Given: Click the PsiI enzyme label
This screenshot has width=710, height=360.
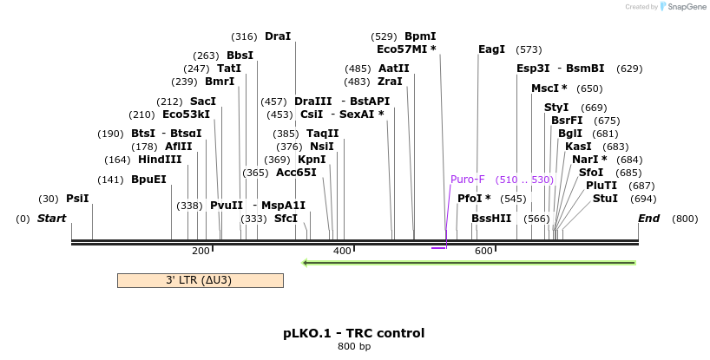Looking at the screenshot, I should pyautogui.click(x=77, y=199).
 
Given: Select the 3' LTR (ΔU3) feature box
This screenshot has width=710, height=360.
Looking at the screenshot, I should pyautogui.click(x=200, y=280).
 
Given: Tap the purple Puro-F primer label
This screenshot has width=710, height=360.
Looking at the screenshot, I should pyautogui.click(x=467, y=180).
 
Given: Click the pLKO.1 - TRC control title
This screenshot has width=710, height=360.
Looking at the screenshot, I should pyautogui.click(x=353, y=333).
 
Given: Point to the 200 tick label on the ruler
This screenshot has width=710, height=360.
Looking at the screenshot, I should pyautogui.click(x=201, y=251).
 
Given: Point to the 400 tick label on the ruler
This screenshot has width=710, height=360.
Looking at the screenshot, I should pyautogui.click(x=342, y=251).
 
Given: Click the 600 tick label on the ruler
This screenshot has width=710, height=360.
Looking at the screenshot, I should pyautogui.click(x=483, y=251).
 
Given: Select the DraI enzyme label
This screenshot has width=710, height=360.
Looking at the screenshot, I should pyautogui.click(x=278, y=36).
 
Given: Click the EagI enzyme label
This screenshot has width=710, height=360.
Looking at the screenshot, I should pyautogui.click(x=491, y=49).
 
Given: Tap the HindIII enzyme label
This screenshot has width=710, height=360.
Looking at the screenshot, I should pyautogui.click(x=160, y=160).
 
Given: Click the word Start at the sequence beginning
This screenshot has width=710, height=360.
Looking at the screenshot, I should pyautogui.click(x=51, y=219).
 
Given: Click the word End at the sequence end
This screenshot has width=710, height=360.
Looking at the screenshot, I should pyautogui.click(x=649, y=219).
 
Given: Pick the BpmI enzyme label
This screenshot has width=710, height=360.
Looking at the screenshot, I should pyautogui.click(x=420, y=36).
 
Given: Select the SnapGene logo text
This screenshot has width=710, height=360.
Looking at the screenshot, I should pyautogui.click(x=686, y=7).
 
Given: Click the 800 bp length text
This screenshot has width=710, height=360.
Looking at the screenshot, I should pyautogui.click(x=353, y=347).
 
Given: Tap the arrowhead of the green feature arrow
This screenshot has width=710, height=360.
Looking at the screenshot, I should pyautogui.click(x=305, y=262).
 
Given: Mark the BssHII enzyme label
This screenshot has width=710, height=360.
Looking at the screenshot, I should pyautogui.click(x=491, y=219).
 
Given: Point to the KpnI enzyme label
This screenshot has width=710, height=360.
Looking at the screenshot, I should pyautogui.click(x=312, y=160).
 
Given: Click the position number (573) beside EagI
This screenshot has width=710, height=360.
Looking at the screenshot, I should pyautogui.click(x=529, y=49).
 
